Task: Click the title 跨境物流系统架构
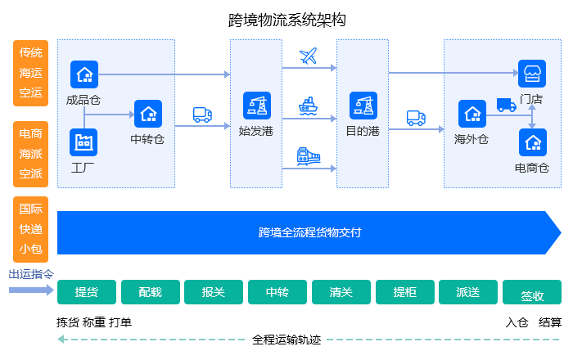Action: pyautogui.click(x=287, y=20)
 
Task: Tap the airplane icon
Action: pyautogui.click(x=309, y=56)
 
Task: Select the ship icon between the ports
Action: pyautogui.click(x=309, y=106)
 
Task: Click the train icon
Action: pyautogui.click(x=308, y=155)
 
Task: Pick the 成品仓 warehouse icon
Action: pyautogui.click(x=83, y=74)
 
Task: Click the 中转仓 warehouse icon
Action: pyautogui.click(x=148, y=113)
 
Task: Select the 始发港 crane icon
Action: pyautogui.click(x=256, y=105)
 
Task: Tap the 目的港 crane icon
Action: pyautogui.click(x=363, y=105)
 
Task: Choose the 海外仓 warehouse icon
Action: pyautogui.click(x=472, y=114)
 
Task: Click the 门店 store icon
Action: pyautogui.click(x=532, y=74)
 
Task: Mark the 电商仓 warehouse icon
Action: pyautogui.click(x=532, y=142)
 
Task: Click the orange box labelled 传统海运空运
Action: pyautogui.click(x=31, y=73)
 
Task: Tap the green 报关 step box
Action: pyautogui.click(x=213, y=292)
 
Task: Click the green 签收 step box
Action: pyautogui.click(x=532, y=295)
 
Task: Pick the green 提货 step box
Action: pyautogui.click(x=86, y=292)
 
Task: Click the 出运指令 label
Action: pyautogui.click(x=31, y=275)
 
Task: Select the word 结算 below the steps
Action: pyautogui.click(x=550, y=322)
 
